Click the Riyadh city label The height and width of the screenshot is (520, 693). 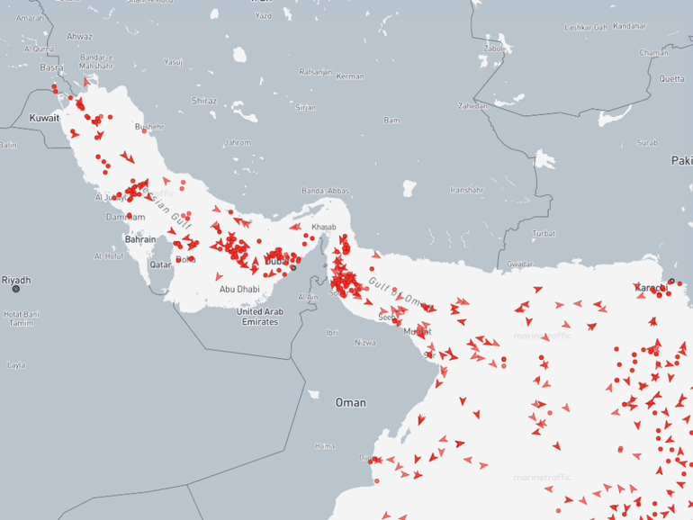click(x=15, y=280)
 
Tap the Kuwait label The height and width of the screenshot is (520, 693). click(x=44, y=118)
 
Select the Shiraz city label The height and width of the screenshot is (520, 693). click(x=203, y=101)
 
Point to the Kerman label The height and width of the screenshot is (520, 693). click(x=349, y=76)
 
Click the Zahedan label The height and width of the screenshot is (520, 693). click(x=472, y=105)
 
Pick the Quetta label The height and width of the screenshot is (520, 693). click(x=671, y=79)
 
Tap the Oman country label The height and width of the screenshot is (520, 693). click(x=350, y=402)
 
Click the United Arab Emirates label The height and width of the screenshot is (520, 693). click(x=260, y=316)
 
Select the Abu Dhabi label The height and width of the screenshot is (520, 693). click(x=239, y=289)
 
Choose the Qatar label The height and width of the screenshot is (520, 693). click(x=160, y=264)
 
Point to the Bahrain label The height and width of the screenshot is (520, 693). click(x=139, y=239)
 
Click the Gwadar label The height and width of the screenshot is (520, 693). click(x=520, y=264)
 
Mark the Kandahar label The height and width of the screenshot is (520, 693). click(x=629, y=26)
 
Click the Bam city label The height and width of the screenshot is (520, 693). click(x=391, y=120)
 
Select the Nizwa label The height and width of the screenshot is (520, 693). click(x=364, y=343)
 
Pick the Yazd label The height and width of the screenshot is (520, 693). click(x=263, y=15)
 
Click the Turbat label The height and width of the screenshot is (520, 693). click(x=544, y=233)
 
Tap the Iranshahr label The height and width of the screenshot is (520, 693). click(x=467, y=190)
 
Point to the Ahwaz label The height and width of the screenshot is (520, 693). click(x=79, y=36)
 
